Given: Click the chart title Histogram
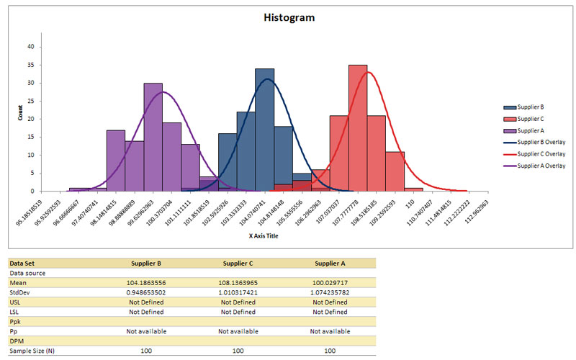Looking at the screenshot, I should [288, 17].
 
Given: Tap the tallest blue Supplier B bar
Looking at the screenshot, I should [264, 130].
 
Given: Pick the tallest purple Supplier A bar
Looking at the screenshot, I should [153, 137].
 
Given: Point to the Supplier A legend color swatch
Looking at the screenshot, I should [510, 130].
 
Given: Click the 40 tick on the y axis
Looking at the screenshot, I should [31, 46].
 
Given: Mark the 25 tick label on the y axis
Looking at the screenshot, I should [31, 101].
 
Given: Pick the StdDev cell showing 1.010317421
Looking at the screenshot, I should [238, 293].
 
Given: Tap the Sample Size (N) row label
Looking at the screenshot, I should [32, 350].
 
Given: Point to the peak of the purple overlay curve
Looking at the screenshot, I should [163, 91].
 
